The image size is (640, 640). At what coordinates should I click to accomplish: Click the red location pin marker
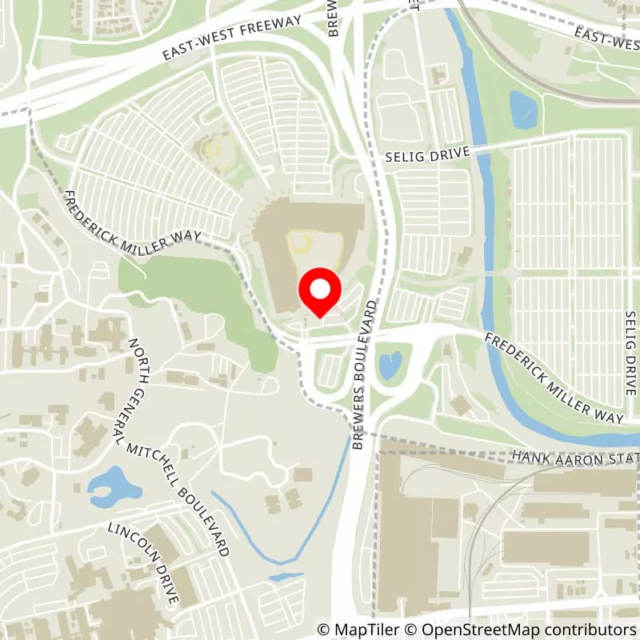click(320, 292)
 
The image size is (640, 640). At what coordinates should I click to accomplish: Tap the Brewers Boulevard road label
click(366, 375)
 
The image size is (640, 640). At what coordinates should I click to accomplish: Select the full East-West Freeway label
click(232, 37)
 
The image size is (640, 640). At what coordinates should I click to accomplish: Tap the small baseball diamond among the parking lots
click(213, 149)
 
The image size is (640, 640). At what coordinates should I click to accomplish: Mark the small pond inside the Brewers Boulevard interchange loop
click(390, 365)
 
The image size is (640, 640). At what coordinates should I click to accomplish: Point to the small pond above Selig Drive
click(524, 110)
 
